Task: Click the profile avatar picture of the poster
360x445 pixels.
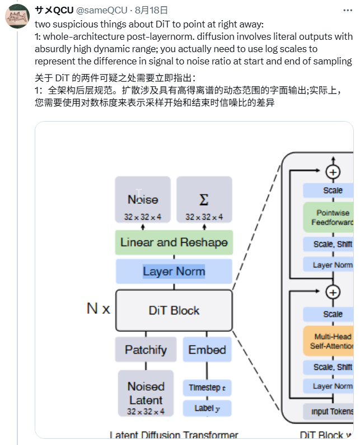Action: (18, 17)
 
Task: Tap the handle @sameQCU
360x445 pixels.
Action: (100, 10)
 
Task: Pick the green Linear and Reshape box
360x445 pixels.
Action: (174, 243)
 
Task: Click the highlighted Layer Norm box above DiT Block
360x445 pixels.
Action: (174, 271)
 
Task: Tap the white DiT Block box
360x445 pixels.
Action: (174, 310)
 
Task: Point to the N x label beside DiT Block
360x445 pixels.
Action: (99, 308)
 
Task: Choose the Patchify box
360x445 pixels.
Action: (146, 350)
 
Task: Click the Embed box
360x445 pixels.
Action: (207, 350)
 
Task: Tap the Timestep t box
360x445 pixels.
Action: (207, 387)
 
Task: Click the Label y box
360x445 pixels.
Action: (207, 408)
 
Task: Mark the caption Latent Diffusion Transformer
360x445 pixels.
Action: (174, 435)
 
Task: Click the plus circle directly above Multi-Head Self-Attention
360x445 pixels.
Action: (333, 292)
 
